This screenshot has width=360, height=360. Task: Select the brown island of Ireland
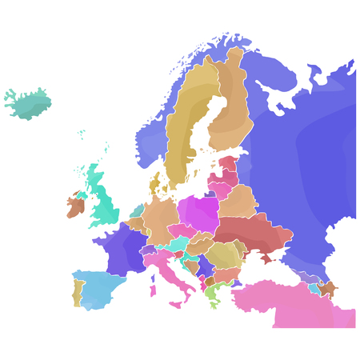(75, 207)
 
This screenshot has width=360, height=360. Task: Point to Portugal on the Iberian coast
(78, 293)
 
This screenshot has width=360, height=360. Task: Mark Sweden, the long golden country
(188, 128)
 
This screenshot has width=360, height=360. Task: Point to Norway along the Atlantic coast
(152, 140)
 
